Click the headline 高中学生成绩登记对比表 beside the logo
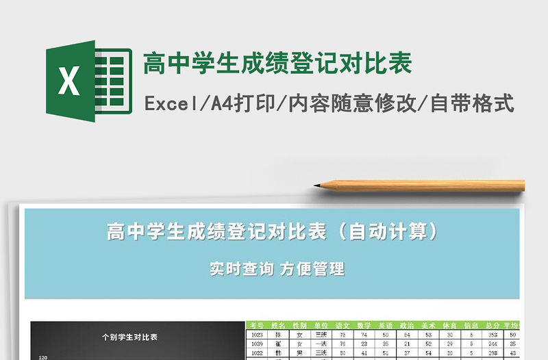click(277, 64)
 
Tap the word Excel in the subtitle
click(169, 104)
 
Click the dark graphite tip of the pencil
click(318, 185)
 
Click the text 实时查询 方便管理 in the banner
click(277, 269)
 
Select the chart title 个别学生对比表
click(129, 337)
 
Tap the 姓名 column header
click(277, 325)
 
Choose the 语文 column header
click(342, 325)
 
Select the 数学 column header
click(364, 325)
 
